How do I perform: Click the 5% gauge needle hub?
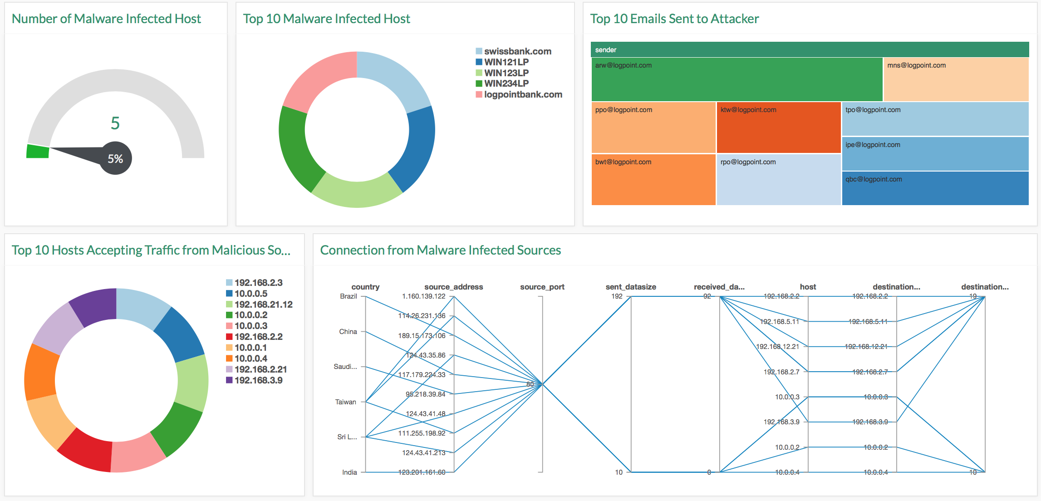115,158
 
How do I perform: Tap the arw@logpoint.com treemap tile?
737,79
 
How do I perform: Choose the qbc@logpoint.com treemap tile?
935,188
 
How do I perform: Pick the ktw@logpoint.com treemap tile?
778,128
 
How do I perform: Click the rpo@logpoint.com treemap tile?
778,180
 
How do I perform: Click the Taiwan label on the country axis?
345,402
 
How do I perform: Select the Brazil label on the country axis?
348,296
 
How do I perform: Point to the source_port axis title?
542,287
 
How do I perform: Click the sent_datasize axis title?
630,287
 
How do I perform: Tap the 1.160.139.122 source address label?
423,296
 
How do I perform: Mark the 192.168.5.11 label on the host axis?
779,322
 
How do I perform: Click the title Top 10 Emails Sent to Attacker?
674,19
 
